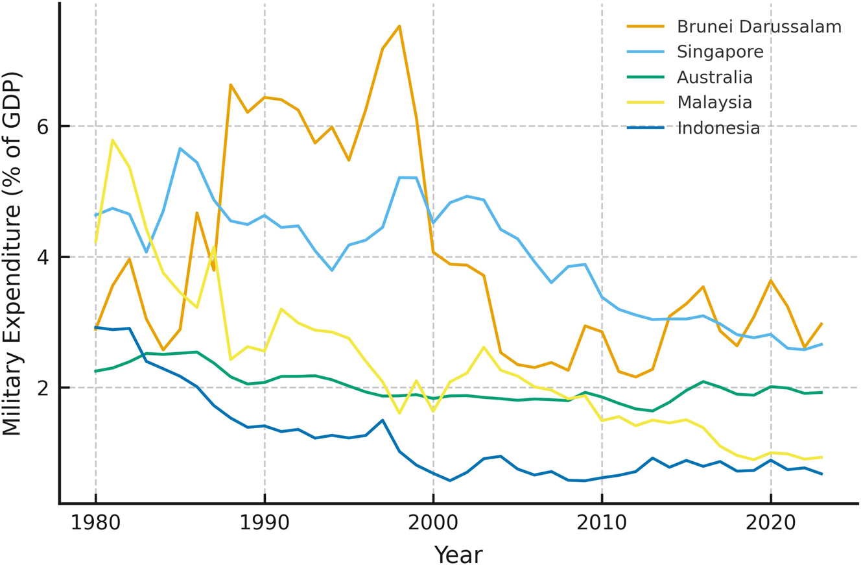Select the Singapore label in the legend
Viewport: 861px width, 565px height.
pos(720,53)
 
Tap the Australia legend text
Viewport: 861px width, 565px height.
pos(714,78)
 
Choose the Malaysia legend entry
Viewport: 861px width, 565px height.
pos(714,103)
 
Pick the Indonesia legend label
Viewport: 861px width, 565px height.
pos(718,128)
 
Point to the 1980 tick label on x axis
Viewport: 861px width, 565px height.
pos(96,522)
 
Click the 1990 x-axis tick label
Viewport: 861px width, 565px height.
pos(265,522)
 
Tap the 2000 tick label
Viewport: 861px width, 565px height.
pos(433,522)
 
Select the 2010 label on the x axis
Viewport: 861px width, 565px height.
pos(602,522)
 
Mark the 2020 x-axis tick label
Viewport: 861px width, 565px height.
pos(770,522)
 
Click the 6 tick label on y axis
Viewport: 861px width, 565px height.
pos(43,126)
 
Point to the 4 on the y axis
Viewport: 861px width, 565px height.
pos(43,258)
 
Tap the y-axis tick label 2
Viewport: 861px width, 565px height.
pos(43,389)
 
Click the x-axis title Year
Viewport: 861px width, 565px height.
pos(458,555)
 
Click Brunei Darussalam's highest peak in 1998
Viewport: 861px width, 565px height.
pos(399,26)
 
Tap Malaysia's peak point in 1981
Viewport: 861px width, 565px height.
pos(113,139)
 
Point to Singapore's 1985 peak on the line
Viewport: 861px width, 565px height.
pos(180,149)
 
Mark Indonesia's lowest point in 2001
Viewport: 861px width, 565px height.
pos(450,481)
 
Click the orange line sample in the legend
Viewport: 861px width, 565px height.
pos(645,27)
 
